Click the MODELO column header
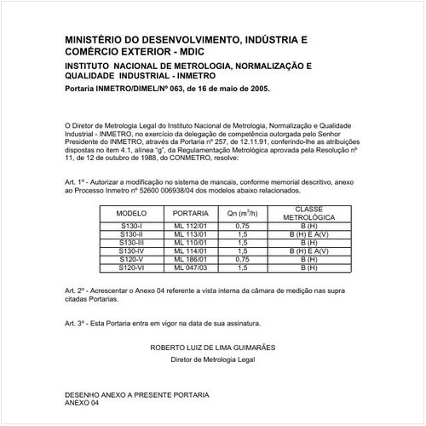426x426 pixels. (x=132, y=211)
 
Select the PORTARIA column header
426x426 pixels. (x=190, y=211)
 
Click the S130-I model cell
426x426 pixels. (x=132, y=226)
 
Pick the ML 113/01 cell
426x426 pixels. (x=190, y=233)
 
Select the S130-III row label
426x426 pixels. (x=132, y=242)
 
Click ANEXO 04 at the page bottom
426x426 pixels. (x=83, y=403)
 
